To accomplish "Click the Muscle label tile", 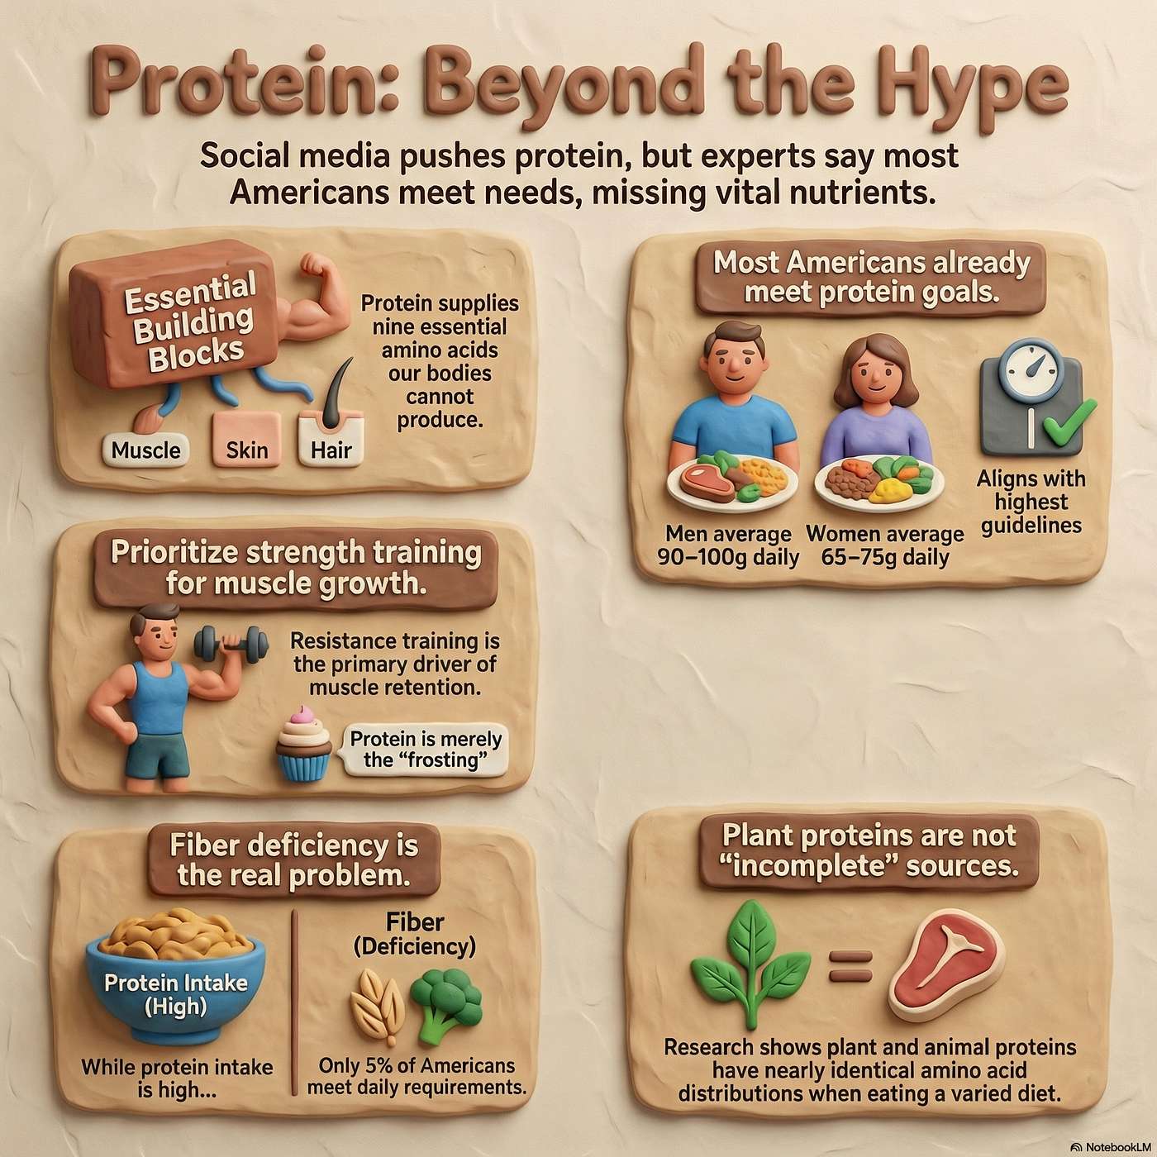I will click(145, 450).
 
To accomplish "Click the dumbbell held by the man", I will click(231, 642).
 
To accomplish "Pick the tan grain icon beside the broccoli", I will click(378, 1005).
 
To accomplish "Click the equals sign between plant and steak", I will click(850, 966).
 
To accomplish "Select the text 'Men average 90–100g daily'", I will click(728, 545).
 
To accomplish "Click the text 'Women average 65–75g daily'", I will click(884, 545).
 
